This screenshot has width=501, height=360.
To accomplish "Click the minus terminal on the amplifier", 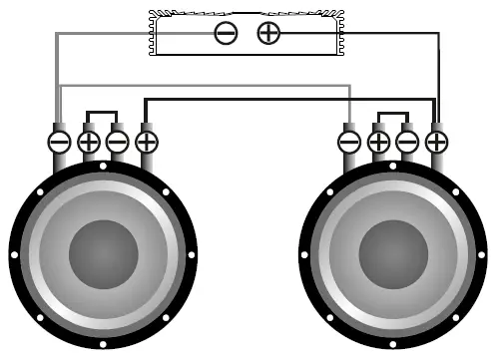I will (x=227, y=33).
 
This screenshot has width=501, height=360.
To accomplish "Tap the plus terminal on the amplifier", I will (x=268, y=33).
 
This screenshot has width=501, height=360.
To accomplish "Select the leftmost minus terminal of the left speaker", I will (x=59, y=142).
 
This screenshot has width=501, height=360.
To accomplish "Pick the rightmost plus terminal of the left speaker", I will (x=147, y=142).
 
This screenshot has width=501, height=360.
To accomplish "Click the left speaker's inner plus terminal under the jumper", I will (x=89, y=142).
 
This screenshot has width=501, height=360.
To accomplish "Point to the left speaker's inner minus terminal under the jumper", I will (x=118, y=142).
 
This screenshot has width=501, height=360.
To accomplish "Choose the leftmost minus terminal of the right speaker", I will (x=349, y=142).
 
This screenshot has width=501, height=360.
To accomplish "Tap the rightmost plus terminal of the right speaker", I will (x=436, y=142).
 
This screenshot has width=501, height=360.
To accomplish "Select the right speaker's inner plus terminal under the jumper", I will (x=378, y=142).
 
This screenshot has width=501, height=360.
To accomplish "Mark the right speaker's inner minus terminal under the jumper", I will (x=407, y=142).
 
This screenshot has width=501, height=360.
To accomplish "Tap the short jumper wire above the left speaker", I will (x=103, y=111).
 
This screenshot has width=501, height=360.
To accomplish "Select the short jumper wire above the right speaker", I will (x=392, y=111).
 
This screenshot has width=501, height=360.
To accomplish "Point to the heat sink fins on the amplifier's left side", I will (x=155, y=33).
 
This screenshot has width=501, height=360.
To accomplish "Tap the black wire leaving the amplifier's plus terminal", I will (x=379, y=33).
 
